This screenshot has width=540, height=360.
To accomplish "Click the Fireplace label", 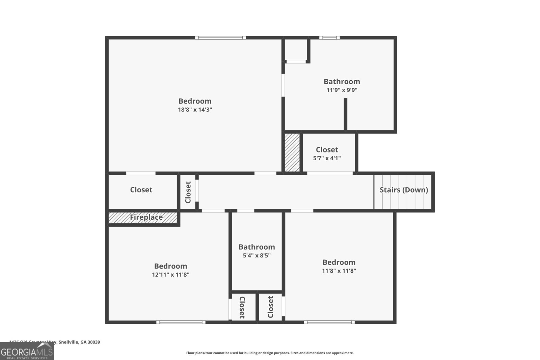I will tap(146, 217).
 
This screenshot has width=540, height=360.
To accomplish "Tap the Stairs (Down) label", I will tap(404, 190).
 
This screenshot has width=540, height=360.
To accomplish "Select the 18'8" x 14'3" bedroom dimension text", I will tap(195, 110).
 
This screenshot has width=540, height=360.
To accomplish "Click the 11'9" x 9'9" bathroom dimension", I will tap(342, 90).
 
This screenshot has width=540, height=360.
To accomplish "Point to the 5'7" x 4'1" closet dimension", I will tap(327, 158).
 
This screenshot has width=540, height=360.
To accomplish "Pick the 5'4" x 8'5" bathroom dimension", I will tap(256, 255).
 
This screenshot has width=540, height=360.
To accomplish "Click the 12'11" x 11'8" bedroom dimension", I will tap(170, 275).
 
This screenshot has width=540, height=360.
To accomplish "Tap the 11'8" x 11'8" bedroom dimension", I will tap(339, 271).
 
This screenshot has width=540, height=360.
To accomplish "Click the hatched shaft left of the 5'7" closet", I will tap(292, 152).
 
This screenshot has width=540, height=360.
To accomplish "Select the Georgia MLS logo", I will tap(27, 352).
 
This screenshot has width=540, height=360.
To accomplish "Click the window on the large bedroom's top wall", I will tap(220, 38).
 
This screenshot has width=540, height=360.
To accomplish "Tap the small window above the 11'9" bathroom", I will tap(329, 38).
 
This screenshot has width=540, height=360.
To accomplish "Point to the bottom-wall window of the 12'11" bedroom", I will tap(181, 322).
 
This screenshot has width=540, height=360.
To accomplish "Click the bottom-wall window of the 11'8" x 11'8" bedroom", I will tap(329, 322).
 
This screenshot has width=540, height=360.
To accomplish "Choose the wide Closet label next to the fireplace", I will tap(141, 190).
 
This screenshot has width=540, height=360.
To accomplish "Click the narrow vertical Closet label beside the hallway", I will tap(188, 192).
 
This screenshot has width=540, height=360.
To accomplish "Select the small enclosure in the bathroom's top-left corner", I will tap(296, 50).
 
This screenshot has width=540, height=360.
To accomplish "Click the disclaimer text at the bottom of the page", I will tap(270, 353).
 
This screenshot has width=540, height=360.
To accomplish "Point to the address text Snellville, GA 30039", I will tap(79, 342).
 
